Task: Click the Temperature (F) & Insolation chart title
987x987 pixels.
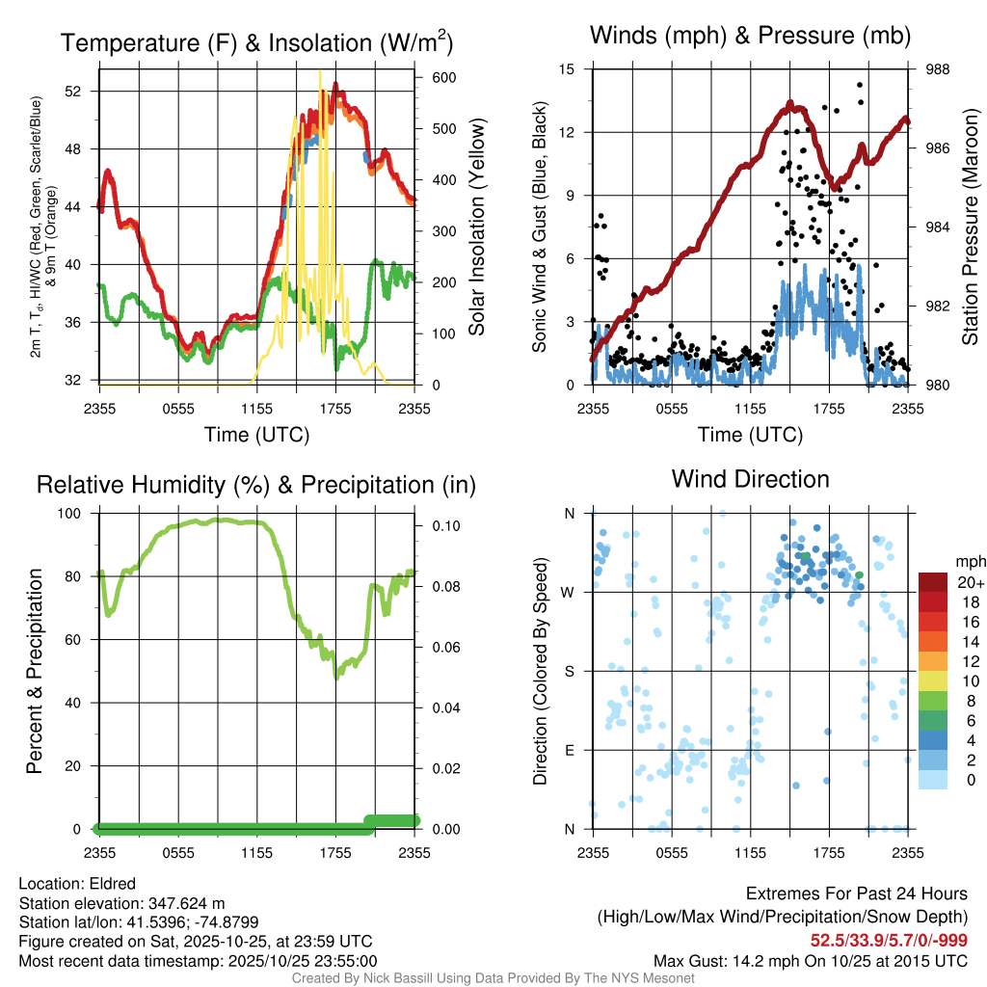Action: point(256,43)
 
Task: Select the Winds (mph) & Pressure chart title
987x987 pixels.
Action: point(750,36)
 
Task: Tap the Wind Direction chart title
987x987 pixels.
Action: point(750,479)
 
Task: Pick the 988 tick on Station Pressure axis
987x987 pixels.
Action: point(935,69)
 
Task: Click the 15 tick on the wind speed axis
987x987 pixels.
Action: point(567,69)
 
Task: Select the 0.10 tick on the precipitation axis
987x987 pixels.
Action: point(444,525)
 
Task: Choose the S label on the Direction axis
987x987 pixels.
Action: point(569,671)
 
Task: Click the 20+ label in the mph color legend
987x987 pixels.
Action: point(970,582)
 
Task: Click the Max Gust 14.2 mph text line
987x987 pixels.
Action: point(810,961)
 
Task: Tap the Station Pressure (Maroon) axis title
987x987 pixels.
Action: point(970,227)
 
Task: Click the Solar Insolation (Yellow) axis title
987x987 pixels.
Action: point(476,227)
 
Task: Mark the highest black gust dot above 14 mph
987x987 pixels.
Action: point(859,85)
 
